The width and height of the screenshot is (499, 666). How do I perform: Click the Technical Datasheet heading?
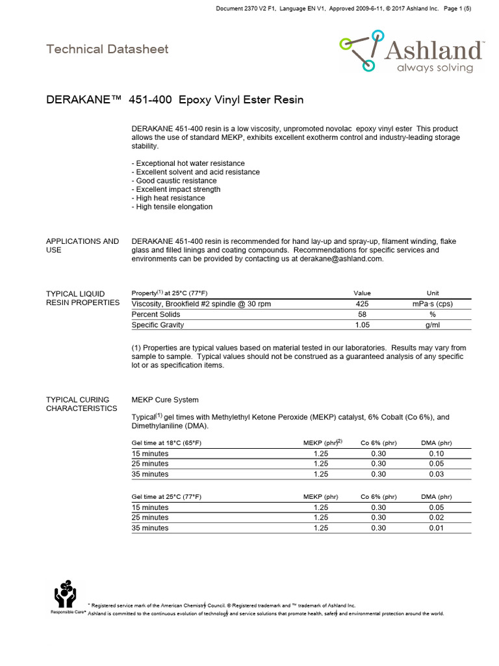click(107, 49)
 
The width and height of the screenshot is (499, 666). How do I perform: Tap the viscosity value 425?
click(362, 304)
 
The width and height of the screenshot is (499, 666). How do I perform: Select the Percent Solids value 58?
click(362, 314)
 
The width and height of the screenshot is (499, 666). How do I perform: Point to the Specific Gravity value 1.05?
click(362, 325)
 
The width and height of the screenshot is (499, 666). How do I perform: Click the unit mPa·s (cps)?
click(433, 304)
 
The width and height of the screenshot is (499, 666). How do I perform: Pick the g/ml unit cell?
click(433, 325)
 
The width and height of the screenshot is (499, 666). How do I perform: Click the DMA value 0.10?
click(436, 453)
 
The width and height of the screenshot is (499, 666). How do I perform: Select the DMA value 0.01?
click(436, 528)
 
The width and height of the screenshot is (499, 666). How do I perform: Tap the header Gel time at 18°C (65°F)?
click(166, 443)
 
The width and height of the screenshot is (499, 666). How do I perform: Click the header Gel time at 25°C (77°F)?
click(166, 497)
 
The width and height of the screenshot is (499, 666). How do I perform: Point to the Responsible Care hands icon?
click(65, 593)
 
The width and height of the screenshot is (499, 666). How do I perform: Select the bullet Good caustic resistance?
click(174, 181)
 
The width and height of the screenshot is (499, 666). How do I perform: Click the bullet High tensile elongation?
click(172, 207)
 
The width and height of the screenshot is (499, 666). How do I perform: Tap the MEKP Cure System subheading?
click(165, 399)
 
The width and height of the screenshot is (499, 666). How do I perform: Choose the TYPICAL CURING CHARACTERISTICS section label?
click(81, 404)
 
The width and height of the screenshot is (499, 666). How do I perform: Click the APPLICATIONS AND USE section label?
click(83, 245)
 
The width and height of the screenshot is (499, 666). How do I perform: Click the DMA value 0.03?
click(436, 474)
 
